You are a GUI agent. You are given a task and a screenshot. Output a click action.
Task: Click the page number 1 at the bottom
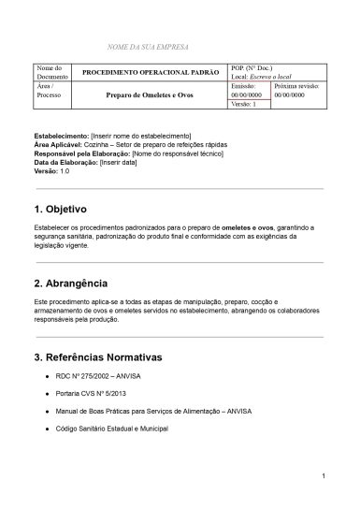(322, 477)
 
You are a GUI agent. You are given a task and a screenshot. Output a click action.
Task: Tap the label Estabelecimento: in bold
(61, 137)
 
